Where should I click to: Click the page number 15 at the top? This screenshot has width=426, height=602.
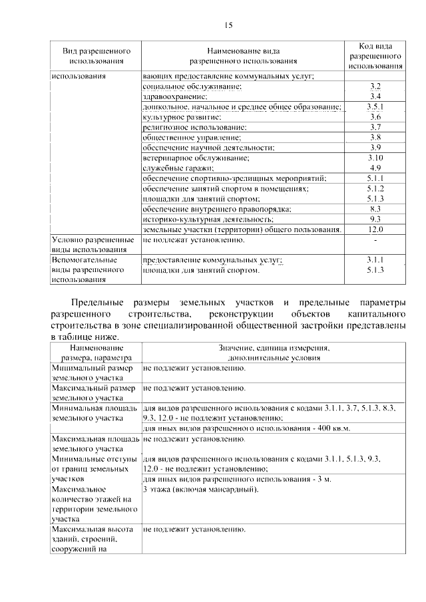click(x=229, y=25)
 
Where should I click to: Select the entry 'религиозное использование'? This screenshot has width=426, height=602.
click(x=194, y=127)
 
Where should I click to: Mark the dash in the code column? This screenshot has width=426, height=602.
click(x=376, y=239)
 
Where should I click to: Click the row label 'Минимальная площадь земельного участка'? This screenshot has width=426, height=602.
click(x=94, y=412)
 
